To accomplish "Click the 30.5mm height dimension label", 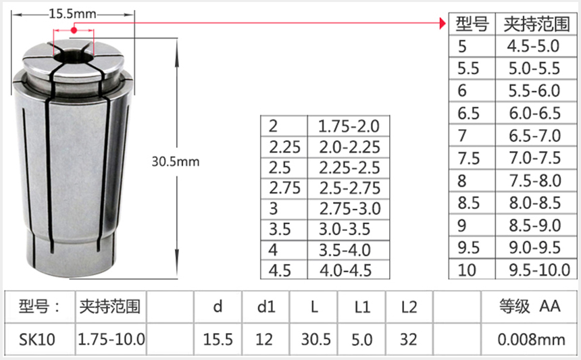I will point(176,162).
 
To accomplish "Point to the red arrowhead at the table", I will point(443,24).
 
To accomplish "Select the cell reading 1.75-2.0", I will point(349,126).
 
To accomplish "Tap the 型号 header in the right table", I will point(472,24).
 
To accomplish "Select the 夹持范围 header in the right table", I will point(533,24).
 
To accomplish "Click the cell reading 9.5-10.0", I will point(538,270).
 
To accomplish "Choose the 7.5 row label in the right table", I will point(469,158).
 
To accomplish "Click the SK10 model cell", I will point(38,339).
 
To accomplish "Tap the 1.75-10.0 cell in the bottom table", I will point(111,339).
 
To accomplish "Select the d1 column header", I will point(266,307).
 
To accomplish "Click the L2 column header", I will point(409,307).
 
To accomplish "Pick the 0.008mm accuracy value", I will point(531,339).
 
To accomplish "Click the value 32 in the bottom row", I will point(409,339).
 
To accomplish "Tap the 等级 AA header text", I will point(530,307).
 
